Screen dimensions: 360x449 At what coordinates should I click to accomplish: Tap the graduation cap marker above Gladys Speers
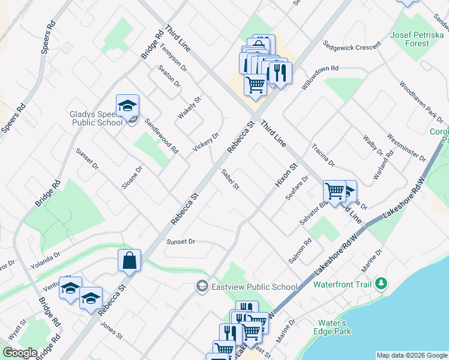click(127, 106)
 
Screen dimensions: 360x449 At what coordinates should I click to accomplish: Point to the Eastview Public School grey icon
click(202, 286)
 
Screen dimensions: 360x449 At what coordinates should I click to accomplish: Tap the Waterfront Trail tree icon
click(380, 283)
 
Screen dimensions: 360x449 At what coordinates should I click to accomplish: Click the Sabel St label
click(230, 179)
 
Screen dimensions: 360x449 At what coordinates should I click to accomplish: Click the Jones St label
click(112, 330)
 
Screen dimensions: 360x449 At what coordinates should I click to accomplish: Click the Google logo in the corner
click(20, 353)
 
